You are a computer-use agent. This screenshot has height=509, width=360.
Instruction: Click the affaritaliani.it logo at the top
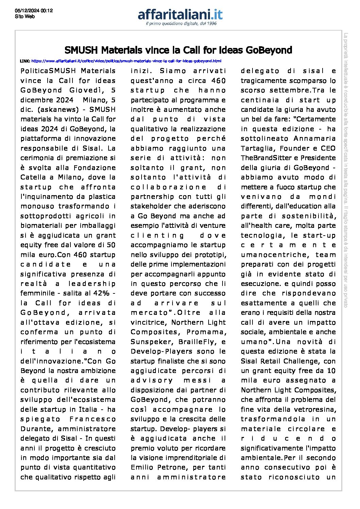(180, 15)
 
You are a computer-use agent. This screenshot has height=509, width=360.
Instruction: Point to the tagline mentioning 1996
(181, 23)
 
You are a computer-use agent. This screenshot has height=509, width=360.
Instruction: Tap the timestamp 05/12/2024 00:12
(34, 11)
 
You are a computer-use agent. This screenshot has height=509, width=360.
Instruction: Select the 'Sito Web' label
(25, 16)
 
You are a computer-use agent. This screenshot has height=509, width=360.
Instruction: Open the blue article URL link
(126, 61)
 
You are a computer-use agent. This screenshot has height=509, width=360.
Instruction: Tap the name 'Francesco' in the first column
(93, 419)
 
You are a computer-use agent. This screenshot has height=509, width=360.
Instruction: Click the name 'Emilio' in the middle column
(143, 467)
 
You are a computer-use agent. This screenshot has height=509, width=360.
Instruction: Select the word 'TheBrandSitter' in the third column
(264, 158)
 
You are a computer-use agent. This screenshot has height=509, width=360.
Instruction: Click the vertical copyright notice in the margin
(345, 170)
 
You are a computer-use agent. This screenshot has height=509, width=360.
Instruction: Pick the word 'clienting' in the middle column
(158, 235)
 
